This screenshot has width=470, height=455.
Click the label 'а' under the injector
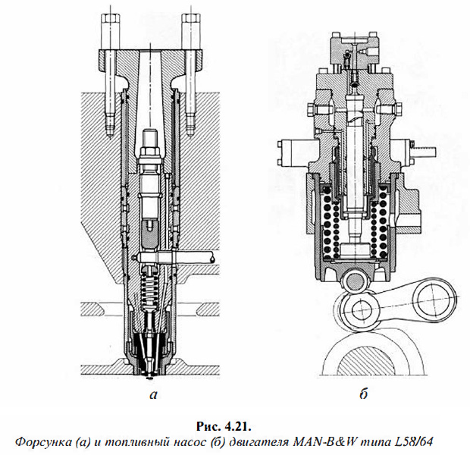pyautogui.click(x=154, y=394)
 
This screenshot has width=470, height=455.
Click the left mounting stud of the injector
pyautogui.click(x=111, y=68)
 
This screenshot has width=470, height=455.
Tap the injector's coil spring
pyautogui.click(x=154, y=292)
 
